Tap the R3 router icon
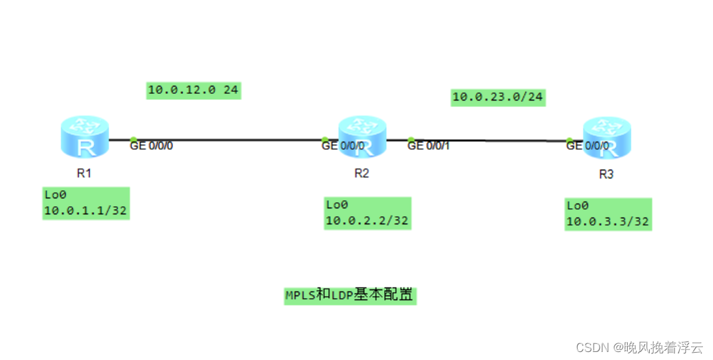(606, 138)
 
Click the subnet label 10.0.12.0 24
(193, 90)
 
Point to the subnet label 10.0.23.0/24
(497, 97)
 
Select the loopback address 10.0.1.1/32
(85, 211)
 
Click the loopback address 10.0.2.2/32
(367, 221)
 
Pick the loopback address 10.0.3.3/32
(607, 222)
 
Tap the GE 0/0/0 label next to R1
(151, 146)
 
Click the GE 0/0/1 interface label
(429, 146)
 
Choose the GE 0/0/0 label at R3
(587, 146)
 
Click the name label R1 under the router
(84, 174)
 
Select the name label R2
(361, 174)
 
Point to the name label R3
(606, 175)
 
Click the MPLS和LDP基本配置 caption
(350, 295)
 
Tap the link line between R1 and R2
(226, 140)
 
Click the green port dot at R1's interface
(133, 140)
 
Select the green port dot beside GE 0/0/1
(411, 140)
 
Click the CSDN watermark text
(639, 347)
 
